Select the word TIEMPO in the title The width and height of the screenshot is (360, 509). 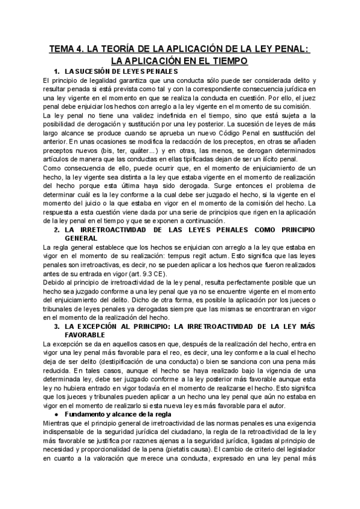227,61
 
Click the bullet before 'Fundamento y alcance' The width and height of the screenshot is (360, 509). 56,414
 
